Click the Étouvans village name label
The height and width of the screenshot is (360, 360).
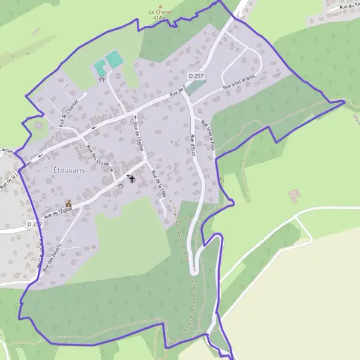(69, 170)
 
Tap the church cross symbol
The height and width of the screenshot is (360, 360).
(132, 178)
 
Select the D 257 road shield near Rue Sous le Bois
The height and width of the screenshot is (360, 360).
(196, 76)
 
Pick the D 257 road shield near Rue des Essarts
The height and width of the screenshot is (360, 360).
(34, 224)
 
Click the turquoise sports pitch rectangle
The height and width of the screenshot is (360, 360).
(113, 59)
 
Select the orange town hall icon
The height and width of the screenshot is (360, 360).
(68, 204)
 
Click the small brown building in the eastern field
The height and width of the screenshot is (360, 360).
(294, 195)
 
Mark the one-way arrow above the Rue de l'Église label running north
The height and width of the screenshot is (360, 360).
(136, 117)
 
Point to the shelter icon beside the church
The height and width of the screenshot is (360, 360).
(121, 186)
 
